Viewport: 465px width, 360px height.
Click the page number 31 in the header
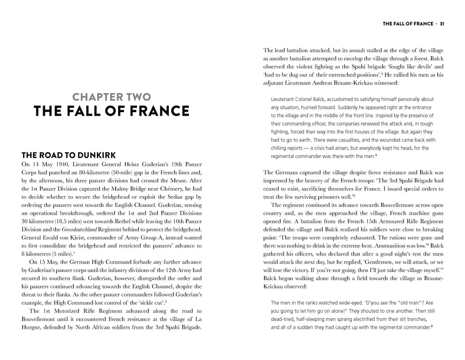[x=441, y=23]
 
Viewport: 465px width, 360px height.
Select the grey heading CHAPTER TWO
[x=112, y=97]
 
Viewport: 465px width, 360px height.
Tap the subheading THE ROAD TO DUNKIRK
[x=68, y=155]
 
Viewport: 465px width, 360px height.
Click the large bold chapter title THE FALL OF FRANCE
[x=112, y=111]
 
